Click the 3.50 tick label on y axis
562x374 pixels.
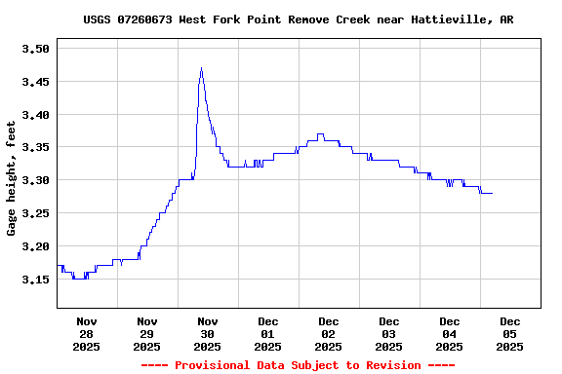[x=35, y=48]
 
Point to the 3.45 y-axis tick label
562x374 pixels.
[x=35, y=82]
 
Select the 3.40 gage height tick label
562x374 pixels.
[x=35, y=115]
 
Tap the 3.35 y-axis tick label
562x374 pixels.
[x=35, y=147]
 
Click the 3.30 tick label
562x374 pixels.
[x=35, y=180]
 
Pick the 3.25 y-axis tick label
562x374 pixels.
[x=35, y=213]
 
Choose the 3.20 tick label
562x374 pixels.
[x=35, y=246]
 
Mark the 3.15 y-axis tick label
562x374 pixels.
[x=35, y=280]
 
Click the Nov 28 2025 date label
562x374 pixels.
[x=87, y=333]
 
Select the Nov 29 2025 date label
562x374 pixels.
[x=147, y=333]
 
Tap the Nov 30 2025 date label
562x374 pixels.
[x=208, y=333]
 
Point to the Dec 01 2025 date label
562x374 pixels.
[x=268, y=333]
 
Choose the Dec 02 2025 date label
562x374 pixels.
[x=329, y=333]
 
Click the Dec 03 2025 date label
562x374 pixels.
[x=389, y=333]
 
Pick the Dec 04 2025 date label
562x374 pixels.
[x=450, y=333]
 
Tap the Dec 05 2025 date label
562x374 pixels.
[x=509, y=333]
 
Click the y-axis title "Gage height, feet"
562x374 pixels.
[x=12, y=178]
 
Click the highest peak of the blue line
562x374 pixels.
[x=201, y=68]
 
